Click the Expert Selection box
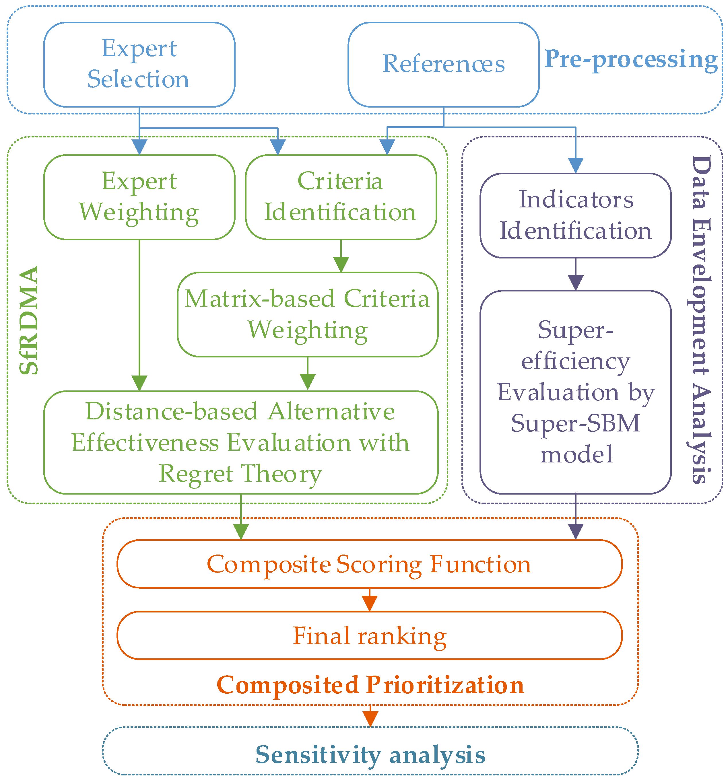(139, 64)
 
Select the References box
(443, 64)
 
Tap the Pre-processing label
(631, 60)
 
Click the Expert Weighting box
(139, 197)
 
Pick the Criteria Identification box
(341, 197)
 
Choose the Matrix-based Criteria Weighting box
(308, 315)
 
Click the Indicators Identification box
(576, 215)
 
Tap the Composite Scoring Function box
(369, 564)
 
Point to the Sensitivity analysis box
(370, 750)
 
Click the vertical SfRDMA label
(29, 320)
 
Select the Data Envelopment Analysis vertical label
(701, 319)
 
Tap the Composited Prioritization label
(370, 685)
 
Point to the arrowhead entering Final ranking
(370, 604)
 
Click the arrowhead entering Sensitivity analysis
(370, 719)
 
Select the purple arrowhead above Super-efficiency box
(576, 283)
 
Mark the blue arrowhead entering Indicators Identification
(576, 166)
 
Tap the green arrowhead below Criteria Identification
(341, 264)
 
